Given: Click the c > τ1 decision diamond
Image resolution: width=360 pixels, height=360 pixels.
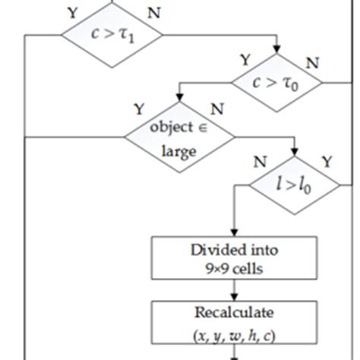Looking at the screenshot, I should point(112,34).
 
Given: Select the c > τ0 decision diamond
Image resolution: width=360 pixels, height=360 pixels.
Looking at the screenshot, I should point(277,83).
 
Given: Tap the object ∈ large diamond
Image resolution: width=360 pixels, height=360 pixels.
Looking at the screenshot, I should point(180,138).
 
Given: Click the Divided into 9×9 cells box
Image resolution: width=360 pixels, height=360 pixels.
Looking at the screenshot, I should point(234,258).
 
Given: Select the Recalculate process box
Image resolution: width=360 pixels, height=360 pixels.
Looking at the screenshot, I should point(234,322).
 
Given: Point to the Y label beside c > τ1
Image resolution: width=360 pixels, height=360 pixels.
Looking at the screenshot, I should point(72,12).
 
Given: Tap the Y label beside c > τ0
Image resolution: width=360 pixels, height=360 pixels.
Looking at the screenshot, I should point(245,60).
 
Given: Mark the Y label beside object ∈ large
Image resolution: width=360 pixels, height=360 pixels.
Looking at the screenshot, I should point(139,109).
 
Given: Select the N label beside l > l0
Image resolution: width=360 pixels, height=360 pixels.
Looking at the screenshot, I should point(261,161).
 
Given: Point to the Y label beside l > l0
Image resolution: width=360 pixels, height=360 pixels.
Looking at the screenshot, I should point(327,161).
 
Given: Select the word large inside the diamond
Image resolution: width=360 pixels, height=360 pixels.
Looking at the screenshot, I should point(179,150).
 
